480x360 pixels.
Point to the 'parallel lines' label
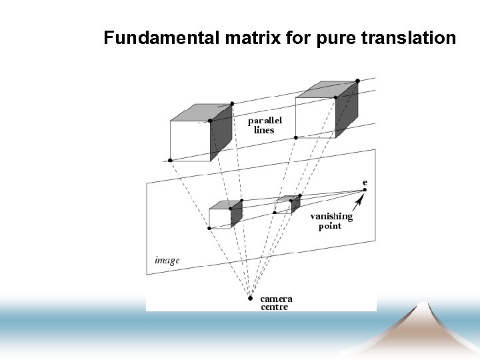click(x=265, y=125)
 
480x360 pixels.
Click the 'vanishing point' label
click(x=331, y=221)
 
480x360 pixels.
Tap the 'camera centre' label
click(x=276, y=303)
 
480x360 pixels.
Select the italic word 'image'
click(x=167, y=260)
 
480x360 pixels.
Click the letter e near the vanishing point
click(x=365, y=181)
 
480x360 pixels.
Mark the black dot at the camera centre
click(x=250, y=298)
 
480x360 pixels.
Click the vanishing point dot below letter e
click(x=365, y=190)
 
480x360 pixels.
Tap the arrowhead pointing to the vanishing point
click(x=360, y=198)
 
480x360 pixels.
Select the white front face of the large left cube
click(x=190, y=141)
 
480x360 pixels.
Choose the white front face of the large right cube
click(x=315, y=117)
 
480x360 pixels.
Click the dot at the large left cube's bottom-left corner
click(x=171, y=161)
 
